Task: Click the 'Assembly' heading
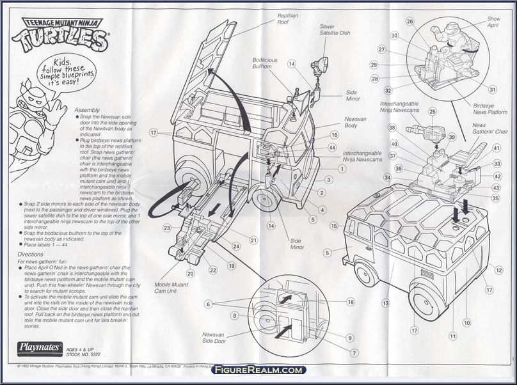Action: (88, 110)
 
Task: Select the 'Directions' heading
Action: (88, 254)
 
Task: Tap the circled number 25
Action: (433, 112)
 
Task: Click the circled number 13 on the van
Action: (385, 303)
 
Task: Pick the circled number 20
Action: (190, 274)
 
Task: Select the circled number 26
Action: (410, 21)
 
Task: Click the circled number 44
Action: (331, 148)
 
